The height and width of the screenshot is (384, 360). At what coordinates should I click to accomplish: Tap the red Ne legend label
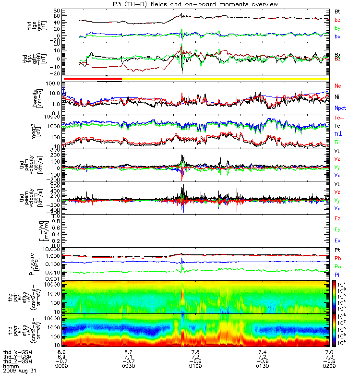[337, 86]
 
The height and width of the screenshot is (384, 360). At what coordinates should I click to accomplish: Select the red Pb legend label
[337, 258]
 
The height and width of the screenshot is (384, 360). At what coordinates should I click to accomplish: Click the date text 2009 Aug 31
[20, 371]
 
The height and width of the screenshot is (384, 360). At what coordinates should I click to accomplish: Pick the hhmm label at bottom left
[10, 366]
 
